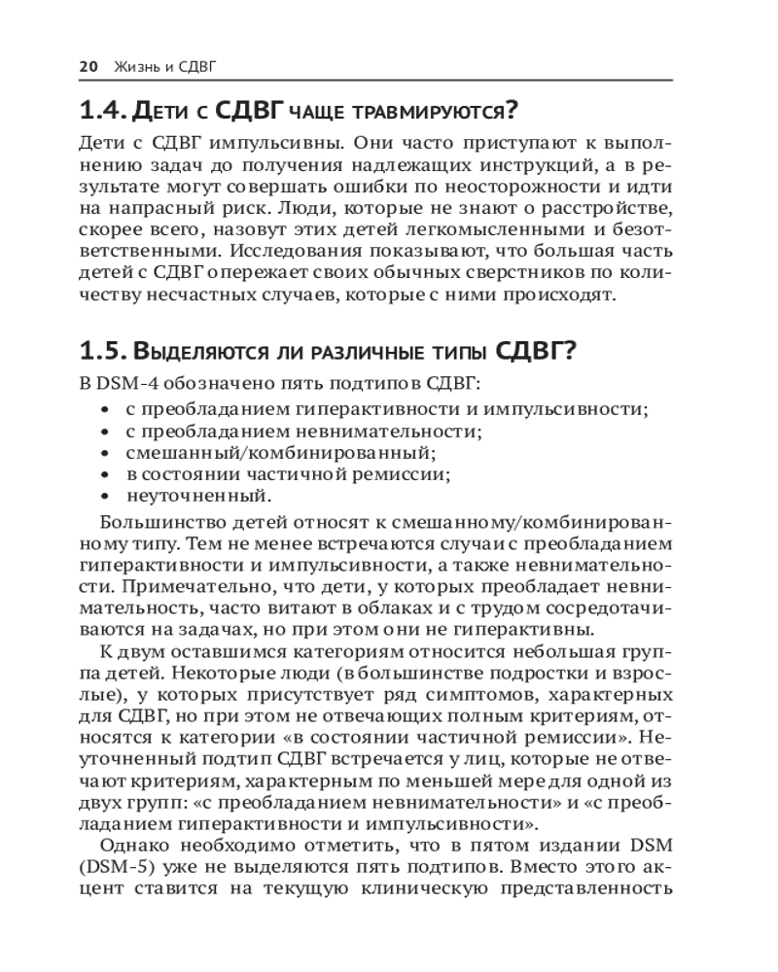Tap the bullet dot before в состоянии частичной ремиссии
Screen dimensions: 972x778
(x=104, y=474)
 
